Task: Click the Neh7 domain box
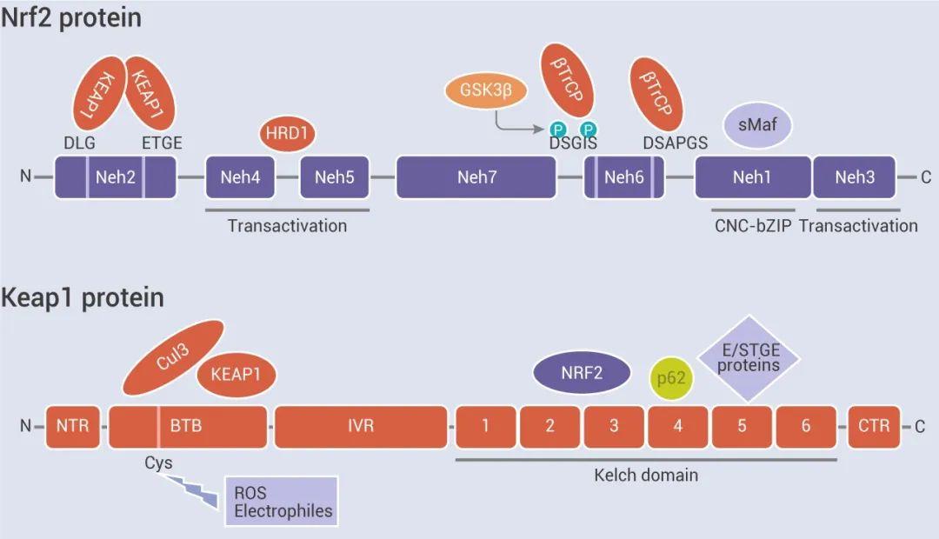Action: coord(476,177)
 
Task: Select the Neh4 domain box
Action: coord(241,177)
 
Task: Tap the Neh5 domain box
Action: coord(335,177)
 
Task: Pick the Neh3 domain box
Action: coord(855,177)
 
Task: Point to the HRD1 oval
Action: coord(287,134)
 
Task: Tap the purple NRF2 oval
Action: coord(582,373)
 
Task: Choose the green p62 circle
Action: coord(671,379)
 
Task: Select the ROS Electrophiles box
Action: coord(280,501)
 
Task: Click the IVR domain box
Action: coord(361,426)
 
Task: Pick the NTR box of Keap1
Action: coord(73,426)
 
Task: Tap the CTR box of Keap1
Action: coord(874,426)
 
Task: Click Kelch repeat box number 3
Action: coord(614,426)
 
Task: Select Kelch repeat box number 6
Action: coord(806,426)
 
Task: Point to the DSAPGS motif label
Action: coord(676,143)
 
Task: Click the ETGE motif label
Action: coord(162,143)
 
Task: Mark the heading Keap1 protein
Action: coord(82,297)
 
